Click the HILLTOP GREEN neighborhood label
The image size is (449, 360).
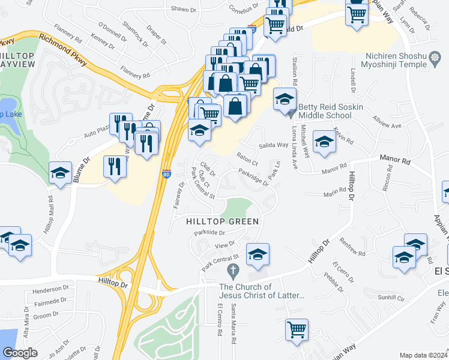[x=222, y=221]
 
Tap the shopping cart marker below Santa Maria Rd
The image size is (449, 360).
[x=297, y=329]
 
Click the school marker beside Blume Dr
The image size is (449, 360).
[x=60, y=173]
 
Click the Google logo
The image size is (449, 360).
[x=20, y=353]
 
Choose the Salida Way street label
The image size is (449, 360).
[x=274, y=145]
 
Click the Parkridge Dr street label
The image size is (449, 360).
[x=253, y=178]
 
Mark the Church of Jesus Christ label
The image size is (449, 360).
[x=262, y=291]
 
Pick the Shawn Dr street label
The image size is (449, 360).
[x=184, y=10]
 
